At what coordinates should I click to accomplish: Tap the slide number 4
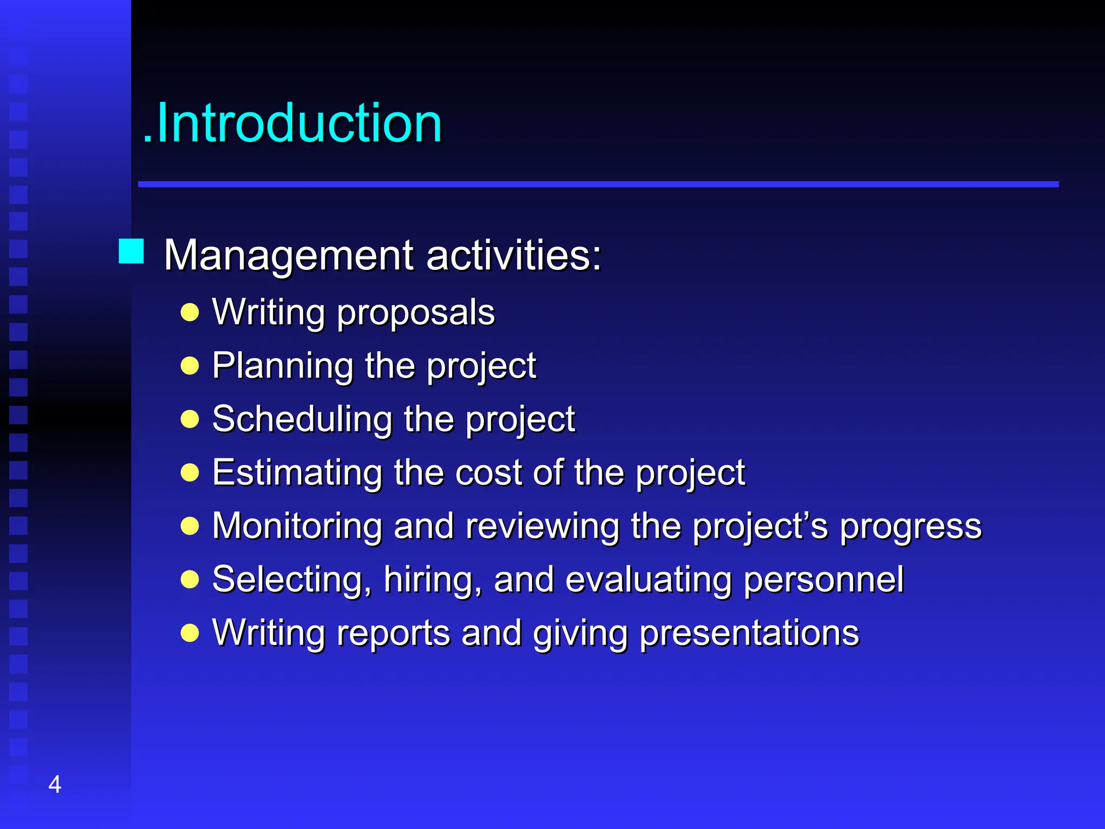(x=54, y=784)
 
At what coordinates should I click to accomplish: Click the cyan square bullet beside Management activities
(x=131, y=252)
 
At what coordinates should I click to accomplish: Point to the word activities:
(x=514, y=255)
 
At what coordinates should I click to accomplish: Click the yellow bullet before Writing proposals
(x=190, y=312)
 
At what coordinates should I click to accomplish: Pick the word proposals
(x=415, y=313)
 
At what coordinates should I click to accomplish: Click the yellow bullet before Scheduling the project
(x=190, y=419)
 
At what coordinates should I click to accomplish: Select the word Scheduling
(x=302, y=419)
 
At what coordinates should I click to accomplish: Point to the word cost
(x=488, y=472)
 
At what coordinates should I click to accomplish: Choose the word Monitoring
(x=297, y=526)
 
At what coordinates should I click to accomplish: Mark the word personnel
(x=823, y=580)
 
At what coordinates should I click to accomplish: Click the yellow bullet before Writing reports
(x=190, y=633)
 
